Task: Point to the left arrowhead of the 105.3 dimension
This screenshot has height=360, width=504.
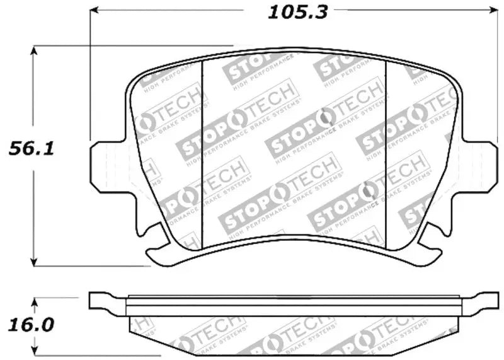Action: [94, 11]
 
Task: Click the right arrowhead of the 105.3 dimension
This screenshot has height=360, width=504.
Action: [493, 11]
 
